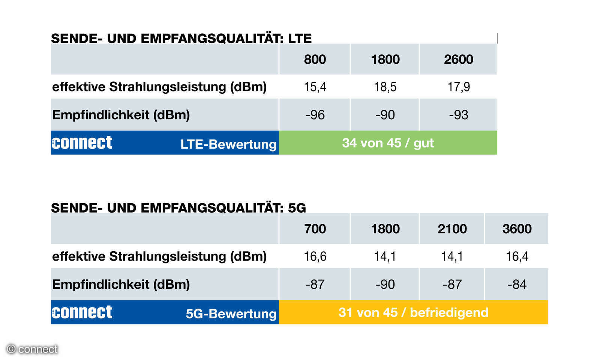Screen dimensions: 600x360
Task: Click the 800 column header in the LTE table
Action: (315, 59)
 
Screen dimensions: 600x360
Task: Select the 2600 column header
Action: (458, 59)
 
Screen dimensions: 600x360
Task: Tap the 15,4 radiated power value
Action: (315, 87)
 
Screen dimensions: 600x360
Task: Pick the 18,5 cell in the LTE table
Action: (385, 87)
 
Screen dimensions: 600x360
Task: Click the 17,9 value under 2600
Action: (458, 87)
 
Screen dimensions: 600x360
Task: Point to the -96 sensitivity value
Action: (315, 115)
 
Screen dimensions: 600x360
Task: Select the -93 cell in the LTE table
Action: (458, 115)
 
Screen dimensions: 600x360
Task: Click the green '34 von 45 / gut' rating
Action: (388, 143)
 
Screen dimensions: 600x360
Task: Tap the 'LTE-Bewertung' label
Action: (228, 144)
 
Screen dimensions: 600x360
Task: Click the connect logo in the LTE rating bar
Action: (82, 142)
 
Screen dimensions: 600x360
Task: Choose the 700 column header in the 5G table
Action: (315, 229)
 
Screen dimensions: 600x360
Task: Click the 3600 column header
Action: (517, 229)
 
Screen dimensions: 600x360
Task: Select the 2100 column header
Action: (452, 229)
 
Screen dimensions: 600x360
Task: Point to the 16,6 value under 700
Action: (315, 256)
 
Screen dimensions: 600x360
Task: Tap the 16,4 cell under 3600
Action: (517, 256)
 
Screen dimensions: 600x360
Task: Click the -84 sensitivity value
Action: (517, 285)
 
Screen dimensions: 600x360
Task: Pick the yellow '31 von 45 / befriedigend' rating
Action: (413, 313)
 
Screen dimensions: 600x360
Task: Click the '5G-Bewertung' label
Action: (231, 314)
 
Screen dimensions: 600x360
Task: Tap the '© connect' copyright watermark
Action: (32, 349)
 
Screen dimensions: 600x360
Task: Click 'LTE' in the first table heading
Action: (300, 39)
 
